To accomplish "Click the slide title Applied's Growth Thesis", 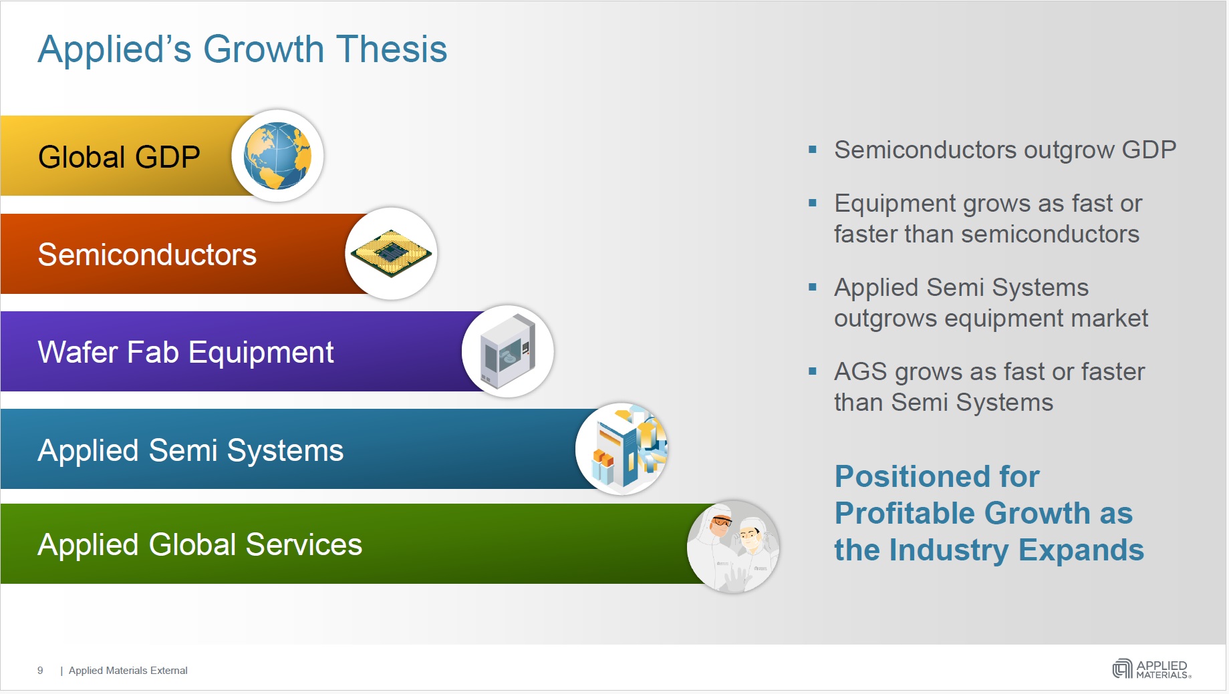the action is pyautogui.click(x=242, y=49).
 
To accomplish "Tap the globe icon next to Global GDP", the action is pyautogui.click(x=277, y=156).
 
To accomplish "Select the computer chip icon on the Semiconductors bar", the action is pyautogui.click(x=392, y=253).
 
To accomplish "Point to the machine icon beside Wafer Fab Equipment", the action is pyautogui.click(x=508, y=351).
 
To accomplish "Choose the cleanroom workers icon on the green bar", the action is pyautogui.click(x=734, y=546).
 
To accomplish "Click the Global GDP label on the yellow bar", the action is pyautogui.click(x=119, y=158).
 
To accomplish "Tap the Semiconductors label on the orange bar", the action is pyautogui.click(x=147, y=254).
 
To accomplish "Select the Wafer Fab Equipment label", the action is pyautogui.click(x=186, y=353).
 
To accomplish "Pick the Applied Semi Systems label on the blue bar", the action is pyautogui.click(x=190, y=451).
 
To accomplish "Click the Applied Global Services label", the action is pyautogui.click(x=200, y=544).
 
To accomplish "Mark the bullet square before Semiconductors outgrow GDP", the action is pyautogui.click(x=813, y=150).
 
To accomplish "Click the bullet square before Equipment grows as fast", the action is pyautogui.click(x=813, y=203).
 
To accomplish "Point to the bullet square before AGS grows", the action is pyautogui.click(x=813, y=371).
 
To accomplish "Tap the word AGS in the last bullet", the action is pyautogui.click(x=861, y=371).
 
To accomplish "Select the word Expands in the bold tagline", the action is pyautogui.click(x=1081, y=550).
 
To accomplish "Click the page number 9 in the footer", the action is pyautogui.click(x=40, y=670).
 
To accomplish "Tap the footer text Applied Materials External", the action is pyautogui.click(x=128, y=670).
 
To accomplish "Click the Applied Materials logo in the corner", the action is pyautogui.click(x=1151, y=669).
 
